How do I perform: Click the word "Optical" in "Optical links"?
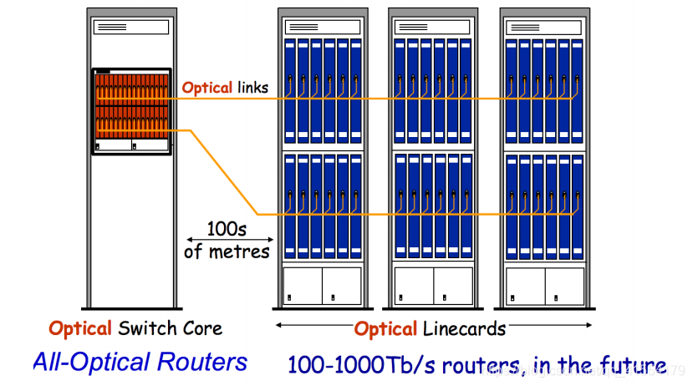click(206, 87)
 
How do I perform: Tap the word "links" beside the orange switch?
click(252, 87)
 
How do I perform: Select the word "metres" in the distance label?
click(238, 251)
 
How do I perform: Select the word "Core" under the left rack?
click(201, 328)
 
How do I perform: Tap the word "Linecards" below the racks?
click(462, 328)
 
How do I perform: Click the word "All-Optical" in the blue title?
click(92, 362)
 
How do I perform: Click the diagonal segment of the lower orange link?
click(224, 172)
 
